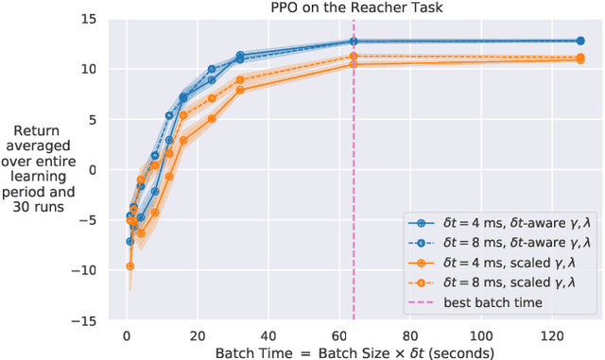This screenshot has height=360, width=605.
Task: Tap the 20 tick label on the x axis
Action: (x=198, y=335)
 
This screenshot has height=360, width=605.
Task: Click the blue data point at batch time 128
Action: (x=579, y=41)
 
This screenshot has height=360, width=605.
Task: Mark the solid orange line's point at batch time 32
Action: (x=240, y=90)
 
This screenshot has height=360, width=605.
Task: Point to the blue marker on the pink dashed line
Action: (x=354, y=42)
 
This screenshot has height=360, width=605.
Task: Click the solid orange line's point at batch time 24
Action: (x=212, y=118)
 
